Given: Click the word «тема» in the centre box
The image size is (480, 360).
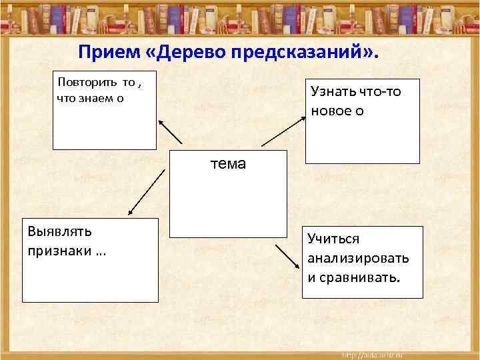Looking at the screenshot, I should pyautogui.click(x=228, y=164).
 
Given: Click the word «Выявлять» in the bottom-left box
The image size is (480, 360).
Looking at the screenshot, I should pyautogui.click(x=60, y=231).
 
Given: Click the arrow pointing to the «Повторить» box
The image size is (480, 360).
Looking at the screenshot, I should pyautogui.click(x=170, y=131).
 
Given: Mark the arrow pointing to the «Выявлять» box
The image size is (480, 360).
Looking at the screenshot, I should pyautogui.click(x=147, y=192).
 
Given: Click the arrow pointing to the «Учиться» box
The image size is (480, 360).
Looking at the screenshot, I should pyautogui.click(x=288, y=255).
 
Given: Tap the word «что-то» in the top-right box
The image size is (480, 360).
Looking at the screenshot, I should pyautogui.click(x=380, y=91).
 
